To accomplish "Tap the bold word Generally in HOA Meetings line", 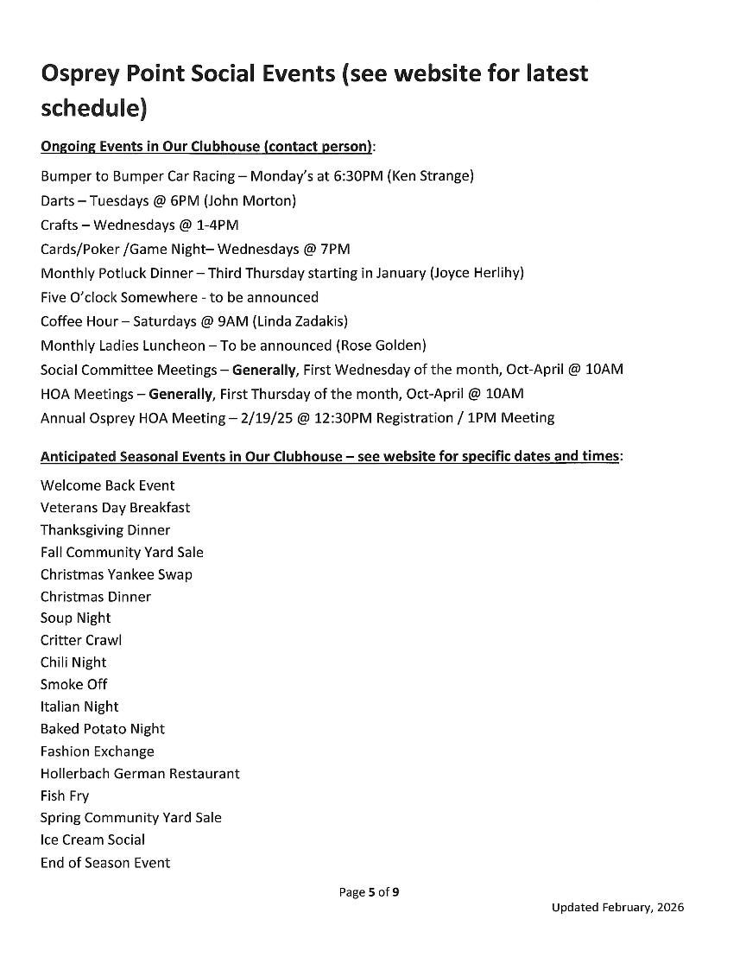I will click(180, 394).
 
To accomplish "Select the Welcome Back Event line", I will click(107, 485).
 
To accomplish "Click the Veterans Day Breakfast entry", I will click(115, 508).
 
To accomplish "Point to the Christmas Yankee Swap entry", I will click(116, 574).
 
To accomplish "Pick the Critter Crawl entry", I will click(80, 640).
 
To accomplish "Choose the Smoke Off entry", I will click(73, 684).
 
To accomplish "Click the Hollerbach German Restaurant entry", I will click(139, 773).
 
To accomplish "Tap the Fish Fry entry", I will click(64, 795).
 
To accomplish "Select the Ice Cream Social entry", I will click(92, 840).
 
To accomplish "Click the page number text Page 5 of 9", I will click(368, 893).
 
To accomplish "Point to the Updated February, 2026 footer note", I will click(617, 908).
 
